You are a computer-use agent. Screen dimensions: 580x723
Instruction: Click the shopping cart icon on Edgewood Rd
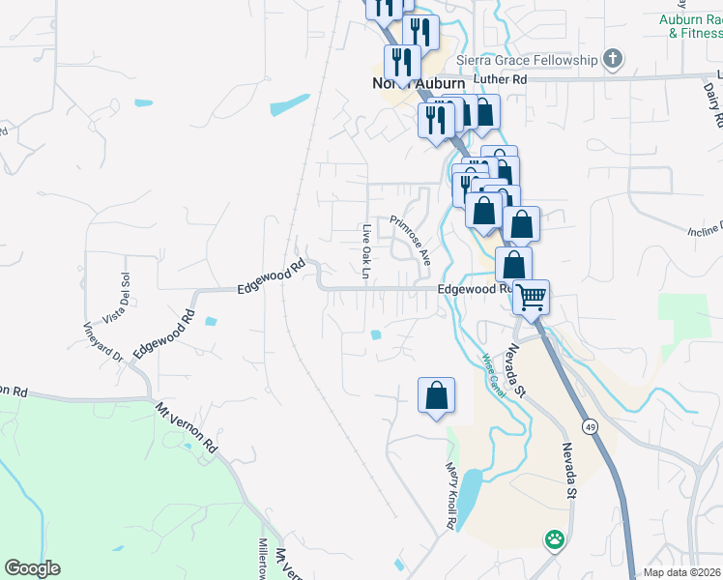(x=531, y=296)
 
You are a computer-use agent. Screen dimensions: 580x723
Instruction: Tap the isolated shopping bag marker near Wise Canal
(x=436, y=395)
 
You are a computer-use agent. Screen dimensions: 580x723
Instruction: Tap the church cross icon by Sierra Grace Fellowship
(x=612, y=60)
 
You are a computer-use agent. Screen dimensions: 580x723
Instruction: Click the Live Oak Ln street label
(x=366, y=251)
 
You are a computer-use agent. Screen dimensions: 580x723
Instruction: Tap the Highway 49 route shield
(x=588, y=425)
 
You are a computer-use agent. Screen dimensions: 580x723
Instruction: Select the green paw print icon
(x=554, y=538)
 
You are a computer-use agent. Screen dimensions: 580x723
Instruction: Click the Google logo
(x=32, y=568)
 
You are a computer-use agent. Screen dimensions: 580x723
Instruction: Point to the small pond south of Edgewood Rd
(x=375, y=335)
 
